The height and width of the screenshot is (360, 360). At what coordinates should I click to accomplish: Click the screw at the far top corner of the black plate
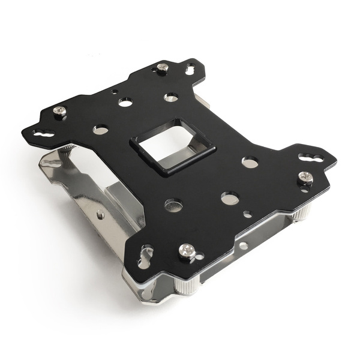point(161,67)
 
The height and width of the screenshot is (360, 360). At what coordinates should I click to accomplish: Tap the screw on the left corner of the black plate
point(59,110)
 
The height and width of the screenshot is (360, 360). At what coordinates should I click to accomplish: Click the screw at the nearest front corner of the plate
point(187,248)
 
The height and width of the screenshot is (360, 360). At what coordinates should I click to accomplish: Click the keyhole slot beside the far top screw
point(189,70)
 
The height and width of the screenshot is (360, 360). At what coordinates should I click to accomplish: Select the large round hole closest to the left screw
point(101,129)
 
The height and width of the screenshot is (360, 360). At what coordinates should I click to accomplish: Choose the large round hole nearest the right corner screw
point(250,162)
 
